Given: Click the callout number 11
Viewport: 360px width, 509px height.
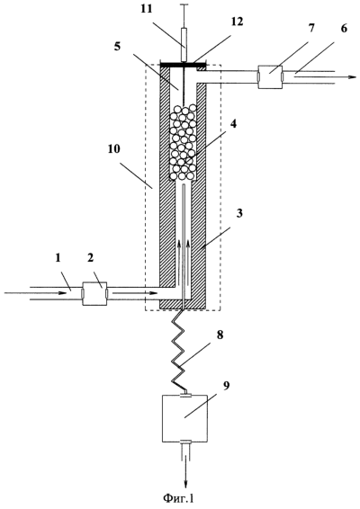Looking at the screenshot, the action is [147, 9].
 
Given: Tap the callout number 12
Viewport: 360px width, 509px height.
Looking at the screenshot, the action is [238, 22].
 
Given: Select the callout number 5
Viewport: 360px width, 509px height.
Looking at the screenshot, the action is [117, 46].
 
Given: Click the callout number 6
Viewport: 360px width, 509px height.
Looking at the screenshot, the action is [344, 28].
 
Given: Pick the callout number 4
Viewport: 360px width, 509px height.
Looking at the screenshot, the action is [234, 124].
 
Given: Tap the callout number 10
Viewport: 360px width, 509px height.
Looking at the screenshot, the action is [114, 148].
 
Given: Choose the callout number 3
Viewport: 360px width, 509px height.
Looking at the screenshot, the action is [239, 214].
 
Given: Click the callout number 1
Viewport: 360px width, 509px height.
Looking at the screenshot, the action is [58, 258].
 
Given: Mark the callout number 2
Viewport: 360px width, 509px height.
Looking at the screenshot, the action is [90, 258].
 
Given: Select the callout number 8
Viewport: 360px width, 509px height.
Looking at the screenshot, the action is [220, 335].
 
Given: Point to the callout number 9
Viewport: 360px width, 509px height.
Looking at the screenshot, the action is [226, 386].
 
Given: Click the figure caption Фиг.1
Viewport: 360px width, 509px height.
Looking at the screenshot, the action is [179, 497].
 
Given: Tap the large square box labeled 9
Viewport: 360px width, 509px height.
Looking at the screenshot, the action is [184, 418].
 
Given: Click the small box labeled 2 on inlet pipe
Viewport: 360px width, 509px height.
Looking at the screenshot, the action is [94, 293].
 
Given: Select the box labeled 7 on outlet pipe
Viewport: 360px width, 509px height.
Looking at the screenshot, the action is [270, 77].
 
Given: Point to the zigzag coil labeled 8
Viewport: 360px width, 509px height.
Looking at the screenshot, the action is [178, 352].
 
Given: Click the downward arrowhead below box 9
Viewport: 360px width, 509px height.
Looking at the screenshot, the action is [185, 482].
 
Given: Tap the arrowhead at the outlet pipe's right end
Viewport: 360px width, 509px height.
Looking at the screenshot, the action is [352, 77].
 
